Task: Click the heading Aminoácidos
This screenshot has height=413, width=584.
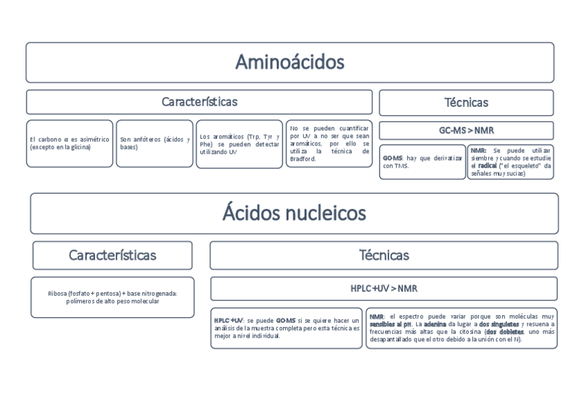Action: click(x=289, y=63)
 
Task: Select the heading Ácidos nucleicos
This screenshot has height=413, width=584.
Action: click(x=293, y=212)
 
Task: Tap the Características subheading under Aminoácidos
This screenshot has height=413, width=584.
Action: click(x=199, y=102)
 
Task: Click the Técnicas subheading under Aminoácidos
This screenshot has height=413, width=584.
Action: click(x=466, y=103)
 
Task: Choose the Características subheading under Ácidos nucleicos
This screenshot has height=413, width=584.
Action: click(x=112, y=255)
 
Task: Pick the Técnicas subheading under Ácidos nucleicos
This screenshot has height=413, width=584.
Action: click(x=384, y=255)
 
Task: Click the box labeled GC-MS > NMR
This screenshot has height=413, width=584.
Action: click(x=466, y=130)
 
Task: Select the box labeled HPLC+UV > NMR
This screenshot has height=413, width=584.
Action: click(x=384, y=288)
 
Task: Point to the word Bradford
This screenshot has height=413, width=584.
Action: click(x=303, y=159)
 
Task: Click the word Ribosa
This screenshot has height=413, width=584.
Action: click(x=58, y=293)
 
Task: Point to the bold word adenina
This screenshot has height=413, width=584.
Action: click(x=435, y=324)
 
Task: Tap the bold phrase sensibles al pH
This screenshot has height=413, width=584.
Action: click(x=390, y=324)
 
